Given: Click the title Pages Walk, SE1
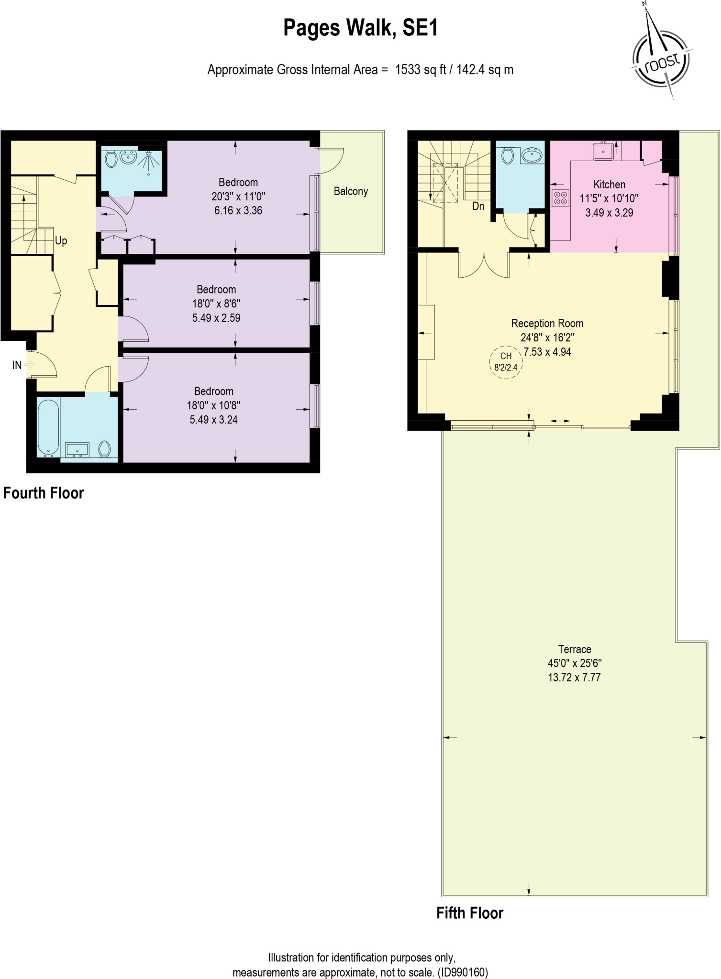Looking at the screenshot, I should coord(360,28).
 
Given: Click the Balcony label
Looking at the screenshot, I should coord(351,191).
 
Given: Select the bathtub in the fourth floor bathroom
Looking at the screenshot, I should coord(48,427).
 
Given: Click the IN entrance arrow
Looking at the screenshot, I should coord(28,365).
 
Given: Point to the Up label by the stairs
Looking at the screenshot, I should coord(61,240).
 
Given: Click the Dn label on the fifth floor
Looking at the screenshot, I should coord(478,206).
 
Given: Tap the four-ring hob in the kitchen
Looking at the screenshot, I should coord(560,198).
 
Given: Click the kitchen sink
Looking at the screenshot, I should coord(604,151).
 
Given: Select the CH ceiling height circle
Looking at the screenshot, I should coord(506,362).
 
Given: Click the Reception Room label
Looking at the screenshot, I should coord(547,323).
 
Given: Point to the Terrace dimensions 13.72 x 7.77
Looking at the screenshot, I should coord(574,677).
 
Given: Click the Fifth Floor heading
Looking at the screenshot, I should coord(469,913).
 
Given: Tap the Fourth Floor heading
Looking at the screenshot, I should coord(44,493).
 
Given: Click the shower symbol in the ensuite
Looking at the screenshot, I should coord(150,161).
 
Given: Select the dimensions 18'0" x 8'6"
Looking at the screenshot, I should coord(216,304).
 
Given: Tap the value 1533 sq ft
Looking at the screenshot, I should coord(420,70).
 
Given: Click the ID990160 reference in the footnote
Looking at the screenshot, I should coord(463,972).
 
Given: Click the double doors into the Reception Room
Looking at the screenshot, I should coord(484,265).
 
